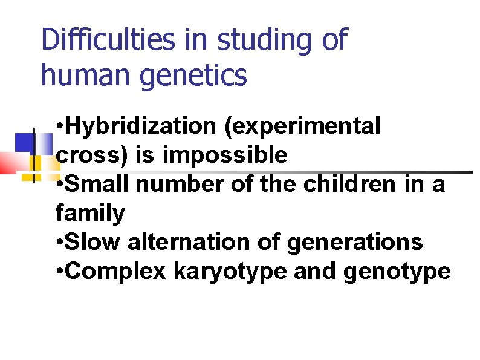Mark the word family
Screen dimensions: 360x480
pyautogui.click(x=90, y=213)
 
